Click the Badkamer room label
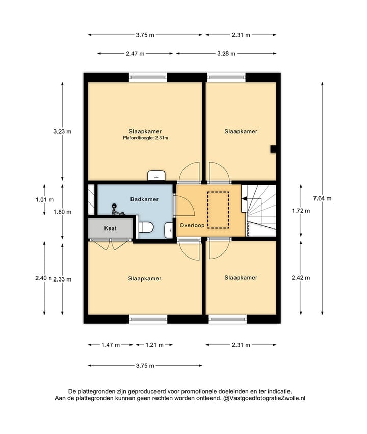pos(144,199)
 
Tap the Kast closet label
pos(110,228)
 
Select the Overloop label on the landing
pos(192,225)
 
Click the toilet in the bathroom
pos(145,227)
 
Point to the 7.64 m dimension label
pos(322,198)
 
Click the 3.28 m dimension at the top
pos(226,54)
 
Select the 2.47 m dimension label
pos(135,54)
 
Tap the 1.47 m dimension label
pos(111,345)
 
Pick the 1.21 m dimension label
pos(154,345)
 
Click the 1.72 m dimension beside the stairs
pos(301,211)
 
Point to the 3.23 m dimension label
pos(62,131)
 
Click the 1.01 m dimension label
pos(44,199)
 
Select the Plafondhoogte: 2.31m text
pos(145,138)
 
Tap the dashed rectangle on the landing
pos(219,210)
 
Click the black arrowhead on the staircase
pos(244,198)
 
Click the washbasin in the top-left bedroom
pos(156,175)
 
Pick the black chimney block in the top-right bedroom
pos(273,149)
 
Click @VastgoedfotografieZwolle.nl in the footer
pos(265,398)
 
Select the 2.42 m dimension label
pos(301,278)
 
